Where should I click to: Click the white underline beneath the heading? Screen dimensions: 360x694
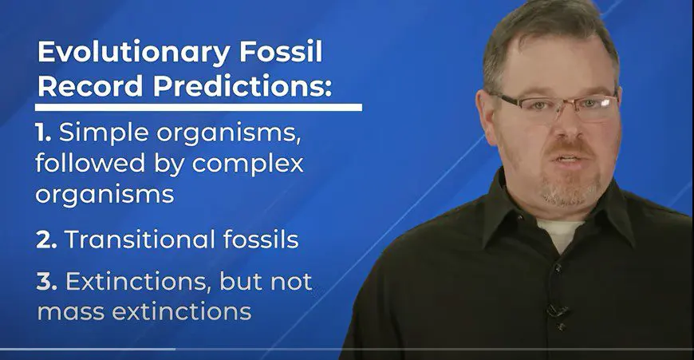[199, 107]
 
